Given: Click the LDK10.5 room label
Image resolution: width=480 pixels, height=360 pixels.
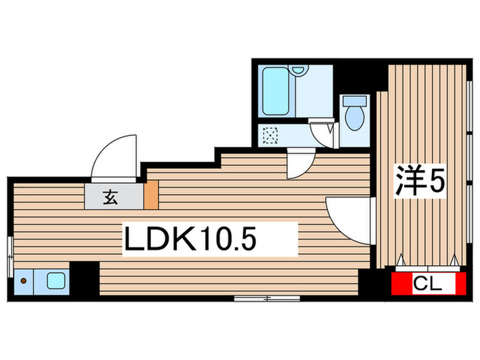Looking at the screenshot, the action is coord(191,239).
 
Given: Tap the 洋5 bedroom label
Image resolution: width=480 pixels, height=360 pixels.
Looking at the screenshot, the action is coord(420,181).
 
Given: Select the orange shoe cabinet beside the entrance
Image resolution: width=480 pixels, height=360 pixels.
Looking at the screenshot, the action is coord(151,195).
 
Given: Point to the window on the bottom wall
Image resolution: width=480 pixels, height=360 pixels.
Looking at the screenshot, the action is coord(267,298).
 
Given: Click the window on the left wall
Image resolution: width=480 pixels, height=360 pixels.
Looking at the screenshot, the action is coord(9,255).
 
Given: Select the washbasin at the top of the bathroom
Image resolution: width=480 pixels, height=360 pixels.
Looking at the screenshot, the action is coord(298,70).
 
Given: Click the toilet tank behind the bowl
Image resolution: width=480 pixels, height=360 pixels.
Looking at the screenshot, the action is coord(355,100).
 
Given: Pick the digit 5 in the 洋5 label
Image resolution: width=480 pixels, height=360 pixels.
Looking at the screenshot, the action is coord(437,181).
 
